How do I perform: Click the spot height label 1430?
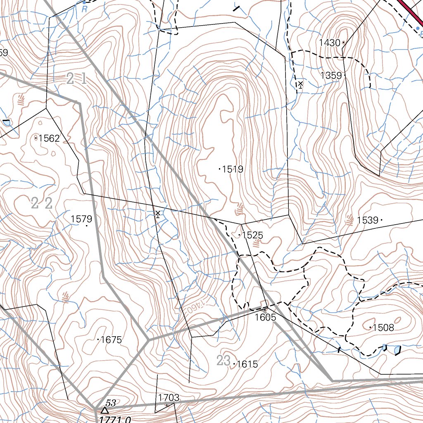pos(329,43)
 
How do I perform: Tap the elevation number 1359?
pos(331,75)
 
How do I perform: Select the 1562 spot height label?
pos(49,138)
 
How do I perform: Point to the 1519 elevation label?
pos(233,169)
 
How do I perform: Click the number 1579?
pos(81,219)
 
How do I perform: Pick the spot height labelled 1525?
pos(252,235)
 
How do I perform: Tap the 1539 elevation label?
pos(368,220)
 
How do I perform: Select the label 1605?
pos(265,317)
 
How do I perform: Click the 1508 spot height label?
pos(383,328)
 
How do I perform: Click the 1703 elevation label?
pos(169,398)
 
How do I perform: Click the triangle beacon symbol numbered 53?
pos(105,410)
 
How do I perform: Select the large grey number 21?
pos(76,78)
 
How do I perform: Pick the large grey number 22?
pos(42,203)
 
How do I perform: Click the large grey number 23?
pos(223,361)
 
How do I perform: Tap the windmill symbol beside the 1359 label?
pos(300,85)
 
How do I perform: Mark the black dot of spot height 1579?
pos(86,226)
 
